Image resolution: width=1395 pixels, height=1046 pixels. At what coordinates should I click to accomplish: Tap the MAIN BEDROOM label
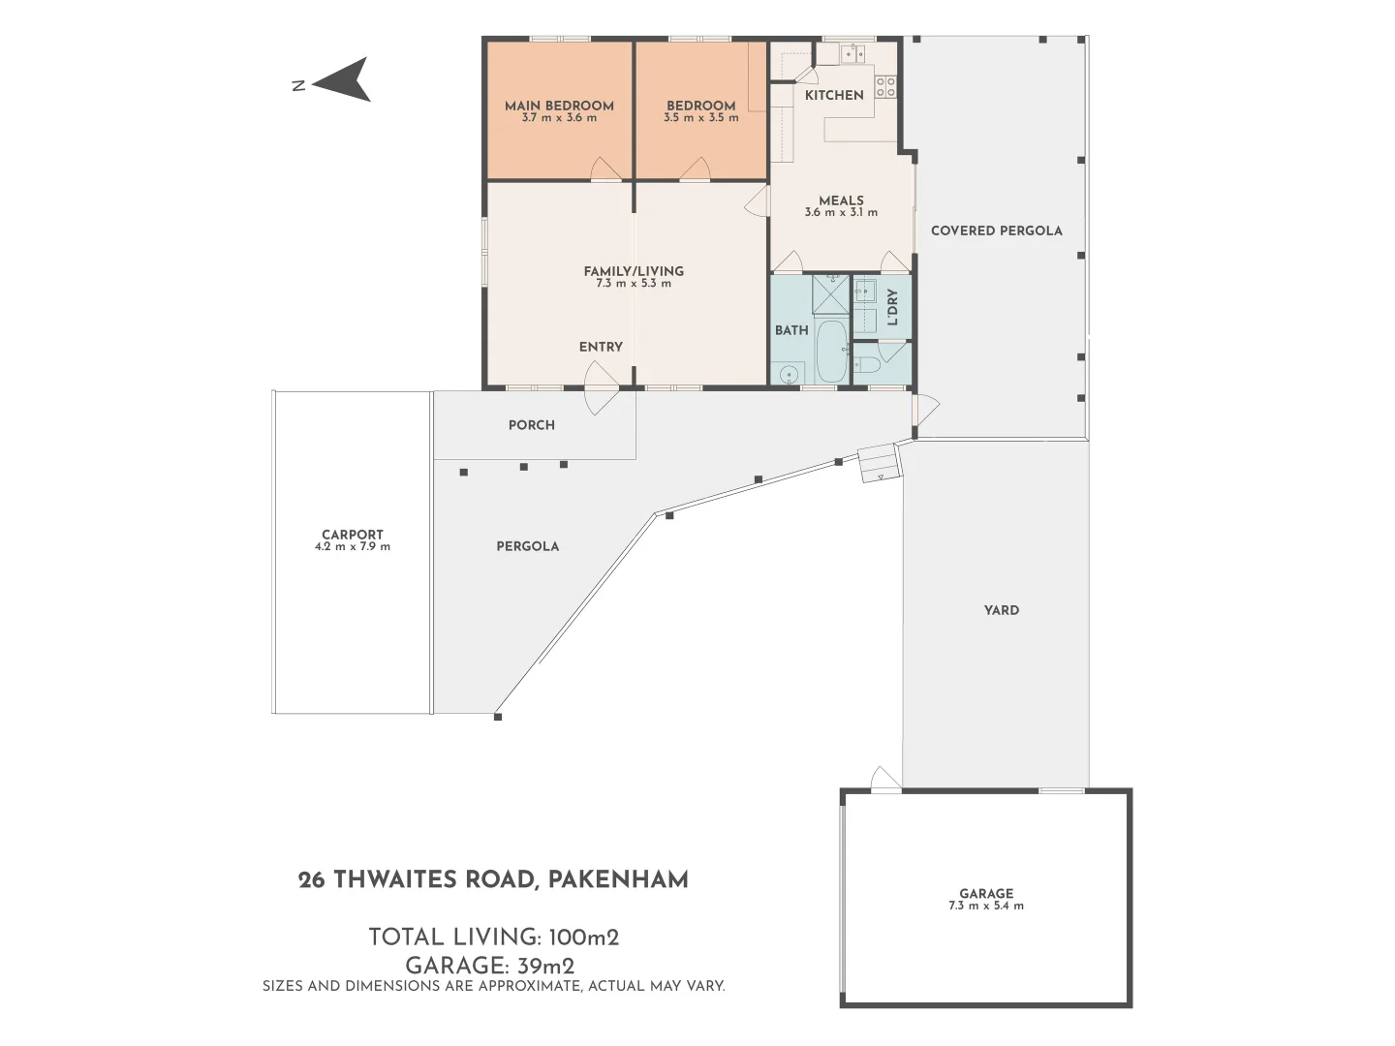click(x=559, y=106)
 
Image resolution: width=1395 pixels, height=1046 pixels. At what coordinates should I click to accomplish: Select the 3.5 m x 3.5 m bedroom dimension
click(x=700, y=118)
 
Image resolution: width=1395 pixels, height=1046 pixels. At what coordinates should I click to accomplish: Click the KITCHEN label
click(x=834, y=95)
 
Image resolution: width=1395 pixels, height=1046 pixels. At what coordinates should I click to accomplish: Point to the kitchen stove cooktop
click(x=885, y=87)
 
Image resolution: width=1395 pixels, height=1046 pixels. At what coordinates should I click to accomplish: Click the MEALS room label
click(x=841, y=200)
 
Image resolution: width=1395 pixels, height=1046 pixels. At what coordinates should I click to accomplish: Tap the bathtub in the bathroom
click(x=831, y=352)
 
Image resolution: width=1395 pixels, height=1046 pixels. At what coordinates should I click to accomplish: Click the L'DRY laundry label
click(x=892, y=307)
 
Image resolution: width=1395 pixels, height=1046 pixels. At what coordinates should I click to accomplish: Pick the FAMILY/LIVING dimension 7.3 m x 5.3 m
click(x=634, y=284)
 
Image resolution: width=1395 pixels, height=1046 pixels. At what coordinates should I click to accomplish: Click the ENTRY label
click(x=601, y=347)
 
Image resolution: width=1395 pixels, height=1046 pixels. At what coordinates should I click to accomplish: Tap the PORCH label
click(x=532, y=425)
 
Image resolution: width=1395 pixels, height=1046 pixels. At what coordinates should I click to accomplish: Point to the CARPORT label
click(x=353, y=535)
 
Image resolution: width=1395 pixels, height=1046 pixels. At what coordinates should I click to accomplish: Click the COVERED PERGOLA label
click(x=996, y=231)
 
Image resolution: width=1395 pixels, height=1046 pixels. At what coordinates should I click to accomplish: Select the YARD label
click(x=1001, y=610)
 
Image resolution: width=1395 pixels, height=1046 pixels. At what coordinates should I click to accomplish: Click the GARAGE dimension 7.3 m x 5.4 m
click(x=986, y=907)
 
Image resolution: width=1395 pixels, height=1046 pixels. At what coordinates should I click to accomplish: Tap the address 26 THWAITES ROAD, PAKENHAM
click(x=493, y=879)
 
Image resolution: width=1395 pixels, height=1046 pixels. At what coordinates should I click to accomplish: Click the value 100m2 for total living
click(x=583, y=938)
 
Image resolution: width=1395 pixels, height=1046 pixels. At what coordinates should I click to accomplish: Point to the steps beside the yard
click(x=881, y=463)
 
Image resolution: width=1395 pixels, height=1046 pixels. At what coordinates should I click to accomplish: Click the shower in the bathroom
click(x=829, y=294)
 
